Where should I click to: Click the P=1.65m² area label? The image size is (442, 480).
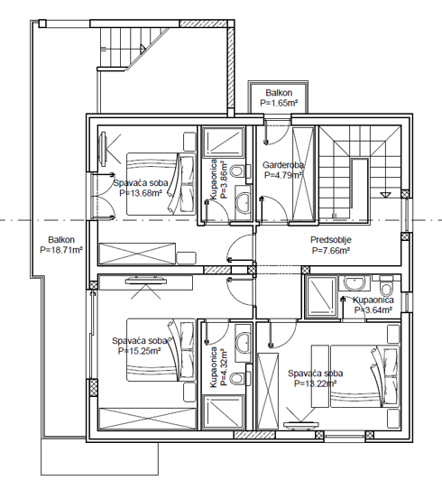click(x=279, y=104)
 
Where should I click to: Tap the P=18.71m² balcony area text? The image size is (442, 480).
click(x=60, y=249)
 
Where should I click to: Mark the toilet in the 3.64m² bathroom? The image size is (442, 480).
click(x=386, y=290)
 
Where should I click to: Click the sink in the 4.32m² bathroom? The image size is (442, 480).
click(x=242, y=340)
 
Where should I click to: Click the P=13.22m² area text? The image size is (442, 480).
click(x=314, y=383)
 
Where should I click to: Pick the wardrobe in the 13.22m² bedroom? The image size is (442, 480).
click(x=270, y=389)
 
